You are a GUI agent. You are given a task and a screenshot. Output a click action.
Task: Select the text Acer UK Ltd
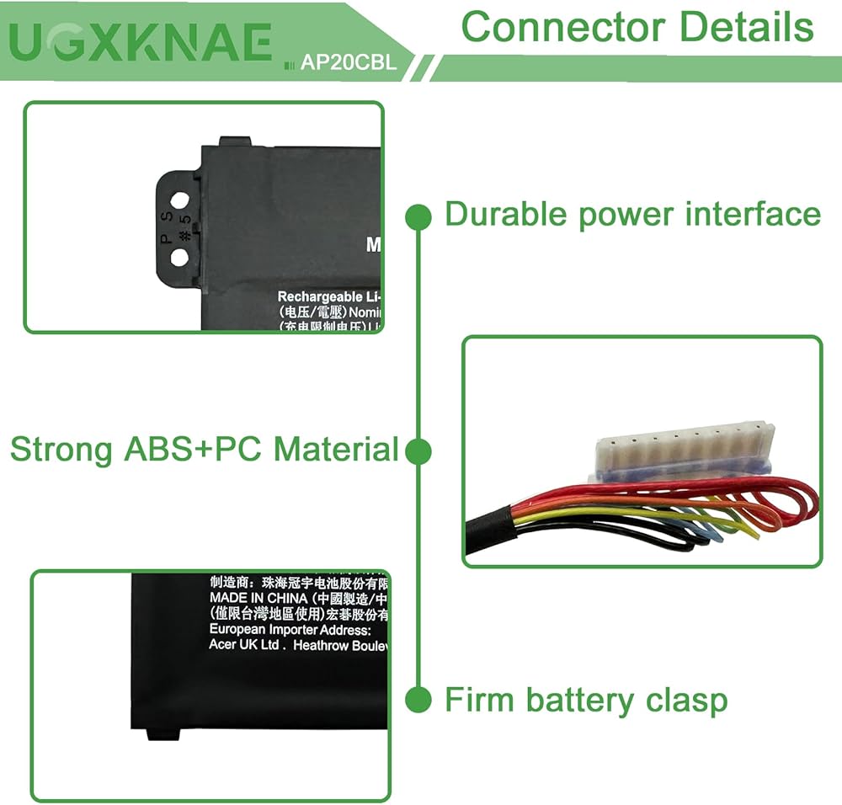(x=244, y=644)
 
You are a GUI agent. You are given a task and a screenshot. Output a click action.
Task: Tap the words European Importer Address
(x=290, y=629)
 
